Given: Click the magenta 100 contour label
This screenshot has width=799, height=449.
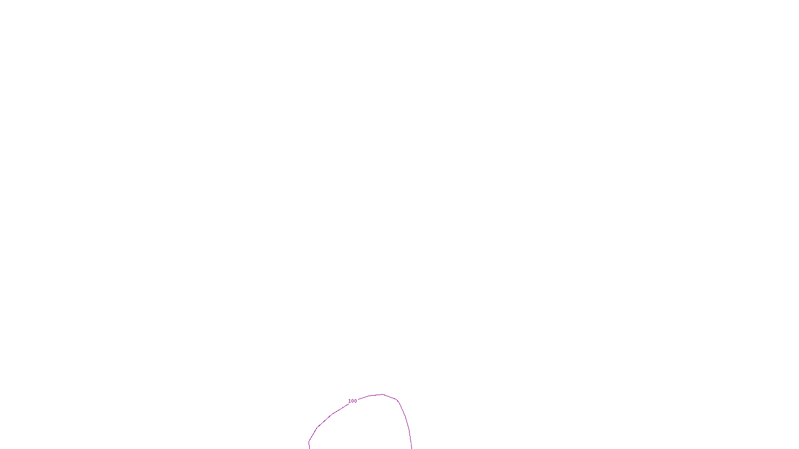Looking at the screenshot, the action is click(353, 401).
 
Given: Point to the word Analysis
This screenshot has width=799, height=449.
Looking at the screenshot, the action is click(413, 443).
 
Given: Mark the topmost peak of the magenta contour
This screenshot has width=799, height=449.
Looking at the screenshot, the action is click(383, 395).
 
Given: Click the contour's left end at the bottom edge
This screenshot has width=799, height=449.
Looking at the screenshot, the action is click(309, 448).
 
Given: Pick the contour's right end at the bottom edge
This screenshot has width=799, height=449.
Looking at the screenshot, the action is click(411, 448).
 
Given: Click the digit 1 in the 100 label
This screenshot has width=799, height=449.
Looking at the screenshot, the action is click(350, 401).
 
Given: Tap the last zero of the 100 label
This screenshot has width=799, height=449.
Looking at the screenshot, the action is click(356, 401).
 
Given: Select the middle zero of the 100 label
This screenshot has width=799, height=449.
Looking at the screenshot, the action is click(353, 401).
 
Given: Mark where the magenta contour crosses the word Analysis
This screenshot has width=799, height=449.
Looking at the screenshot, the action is click(411, 443).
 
